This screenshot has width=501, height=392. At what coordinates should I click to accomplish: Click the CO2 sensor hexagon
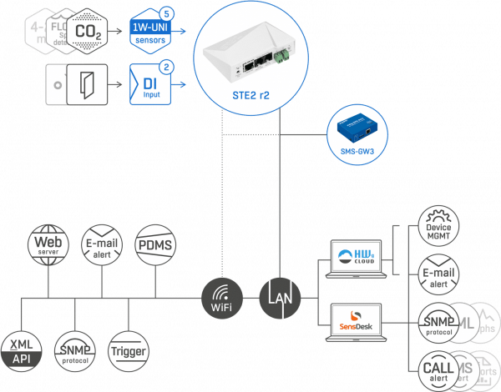coord(89,33)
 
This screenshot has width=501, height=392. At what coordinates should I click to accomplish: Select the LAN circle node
coord(279,296)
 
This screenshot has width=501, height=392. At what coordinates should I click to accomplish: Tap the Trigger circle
coord(129,349)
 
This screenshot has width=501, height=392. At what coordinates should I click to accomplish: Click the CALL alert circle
coord(438,368)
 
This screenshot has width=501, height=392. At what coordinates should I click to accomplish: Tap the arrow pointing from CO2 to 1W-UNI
coord(119,33)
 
